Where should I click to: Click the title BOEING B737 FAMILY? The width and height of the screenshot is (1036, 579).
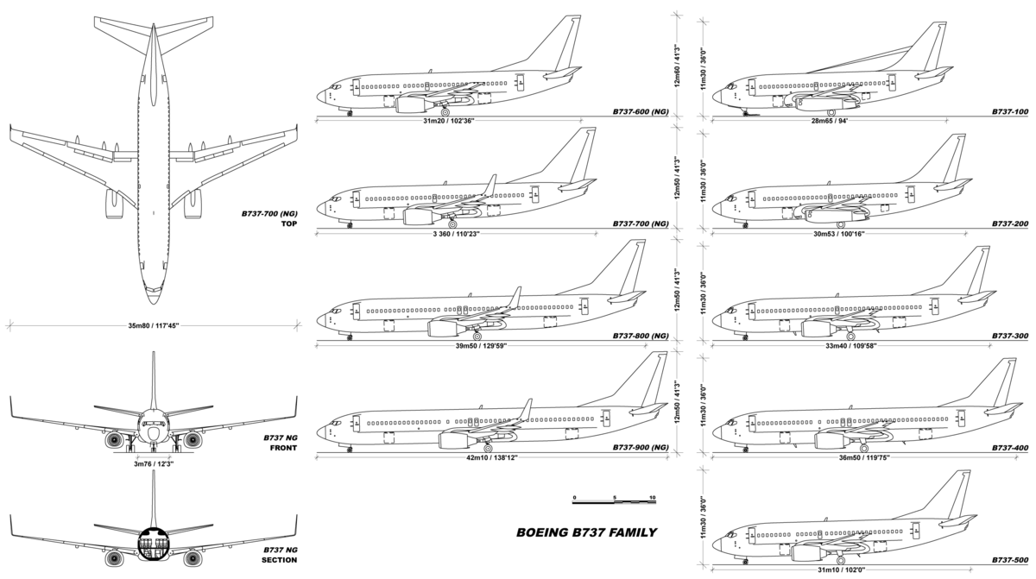(586, 532)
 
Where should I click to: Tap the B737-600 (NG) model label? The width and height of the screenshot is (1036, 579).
(641, 112)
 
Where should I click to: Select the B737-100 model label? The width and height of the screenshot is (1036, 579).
(1010, 112)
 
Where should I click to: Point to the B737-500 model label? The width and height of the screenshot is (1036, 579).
(1010, 560)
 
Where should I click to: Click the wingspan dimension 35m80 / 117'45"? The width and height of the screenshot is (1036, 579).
(152, 326)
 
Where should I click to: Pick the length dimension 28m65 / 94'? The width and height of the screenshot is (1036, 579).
(829, 121)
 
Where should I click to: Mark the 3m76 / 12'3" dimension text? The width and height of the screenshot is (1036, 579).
(153, 463)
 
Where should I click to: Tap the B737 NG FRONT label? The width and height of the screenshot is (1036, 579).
(280, 443)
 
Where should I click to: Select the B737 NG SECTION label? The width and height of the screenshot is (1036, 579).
(280, 554)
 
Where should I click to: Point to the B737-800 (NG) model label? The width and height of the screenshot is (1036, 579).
(641, 336)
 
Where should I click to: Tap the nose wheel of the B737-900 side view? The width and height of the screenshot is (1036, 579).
(349, 448)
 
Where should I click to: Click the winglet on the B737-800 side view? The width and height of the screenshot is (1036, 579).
(516, 297)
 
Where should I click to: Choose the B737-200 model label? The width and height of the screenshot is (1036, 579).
(1010, 223)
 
